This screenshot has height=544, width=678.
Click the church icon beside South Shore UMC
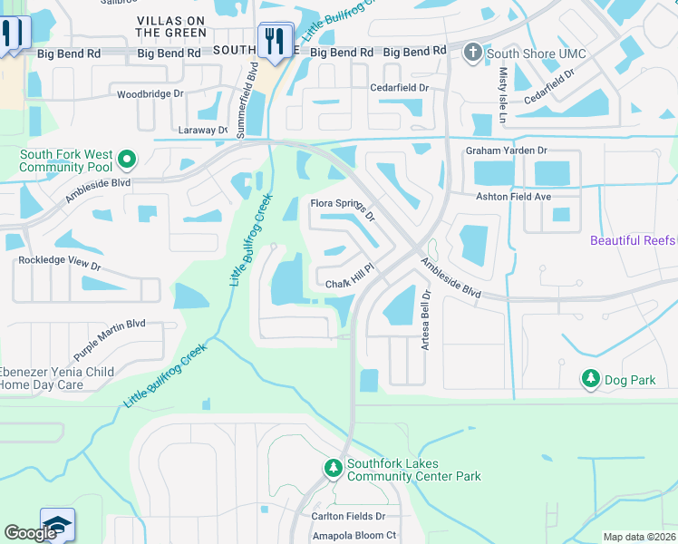tap(471, 53)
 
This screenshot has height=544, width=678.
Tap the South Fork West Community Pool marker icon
tap(127, 161)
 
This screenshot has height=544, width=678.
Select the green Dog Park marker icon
tap(591, 379)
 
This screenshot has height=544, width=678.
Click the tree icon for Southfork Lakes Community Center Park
tap(334, 468)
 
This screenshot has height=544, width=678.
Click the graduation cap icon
tap(57, 527)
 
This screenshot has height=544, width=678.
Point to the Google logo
tap(30, 533)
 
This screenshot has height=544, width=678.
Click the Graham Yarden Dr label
tap(507, 151)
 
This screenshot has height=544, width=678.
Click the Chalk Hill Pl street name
tap(350, 285)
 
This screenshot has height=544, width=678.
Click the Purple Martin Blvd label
tap(110, 333)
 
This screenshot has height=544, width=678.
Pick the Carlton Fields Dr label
tap(349, 516)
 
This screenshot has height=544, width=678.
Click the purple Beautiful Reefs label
tap(633, 240)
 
